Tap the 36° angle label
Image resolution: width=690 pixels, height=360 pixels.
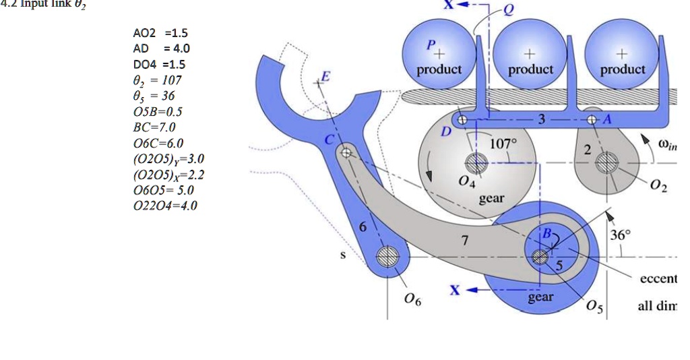619,235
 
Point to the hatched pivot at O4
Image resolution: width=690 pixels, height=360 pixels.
477,162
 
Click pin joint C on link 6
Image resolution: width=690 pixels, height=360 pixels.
346,153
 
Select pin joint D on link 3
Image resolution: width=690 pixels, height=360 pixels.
462,121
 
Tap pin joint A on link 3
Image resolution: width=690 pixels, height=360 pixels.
592,121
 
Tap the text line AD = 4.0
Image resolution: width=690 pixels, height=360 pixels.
161,49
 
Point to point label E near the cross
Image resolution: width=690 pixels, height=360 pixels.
327,77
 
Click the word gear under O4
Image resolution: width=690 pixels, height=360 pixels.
492,199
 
